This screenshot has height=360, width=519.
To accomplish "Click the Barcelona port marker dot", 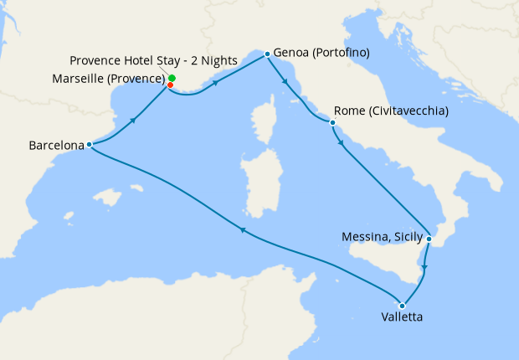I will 89,145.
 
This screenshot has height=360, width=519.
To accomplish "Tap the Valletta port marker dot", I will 403,306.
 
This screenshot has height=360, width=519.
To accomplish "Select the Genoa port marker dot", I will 267,54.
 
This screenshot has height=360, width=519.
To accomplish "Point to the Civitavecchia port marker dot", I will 333,124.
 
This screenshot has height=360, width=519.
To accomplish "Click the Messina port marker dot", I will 429,239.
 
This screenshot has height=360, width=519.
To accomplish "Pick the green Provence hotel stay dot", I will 172,78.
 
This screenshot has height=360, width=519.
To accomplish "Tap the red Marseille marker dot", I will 171,85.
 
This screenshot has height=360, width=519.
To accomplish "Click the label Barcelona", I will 56,145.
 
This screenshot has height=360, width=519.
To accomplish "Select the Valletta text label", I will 402,318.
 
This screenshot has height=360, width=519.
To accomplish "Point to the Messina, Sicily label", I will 383,237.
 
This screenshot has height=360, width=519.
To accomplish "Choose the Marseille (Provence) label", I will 117,80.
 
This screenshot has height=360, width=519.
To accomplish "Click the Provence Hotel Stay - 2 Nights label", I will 153,60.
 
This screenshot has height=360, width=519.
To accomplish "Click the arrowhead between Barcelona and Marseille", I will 132,121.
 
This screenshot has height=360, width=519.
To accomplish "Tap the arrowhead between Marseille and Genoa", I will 217,84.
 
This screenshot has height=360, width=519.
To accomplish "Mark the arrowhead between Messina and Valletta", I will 424,268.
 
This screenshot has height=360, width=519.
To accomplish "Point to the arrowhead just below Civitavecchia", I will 341,143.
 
